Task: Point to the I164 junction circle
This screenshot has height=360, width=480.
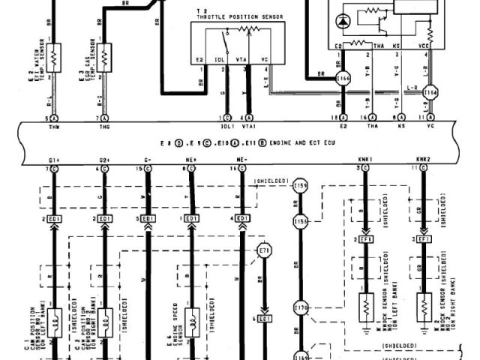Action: tap(429, 92)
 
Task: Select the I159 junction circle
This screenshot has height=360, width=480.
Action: tap(301, 184)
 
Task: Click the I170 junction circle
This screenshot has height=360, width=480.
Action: tap(301, 307)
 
